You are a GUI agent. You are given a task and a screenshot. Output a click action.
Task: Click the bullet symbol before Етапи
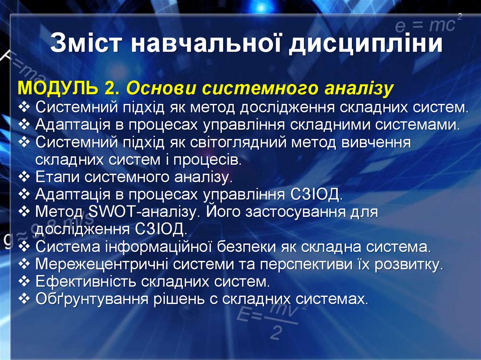point(24,177)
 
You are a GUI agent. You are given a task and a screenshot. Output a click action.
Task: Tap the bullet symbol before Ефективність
point(24,282)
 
